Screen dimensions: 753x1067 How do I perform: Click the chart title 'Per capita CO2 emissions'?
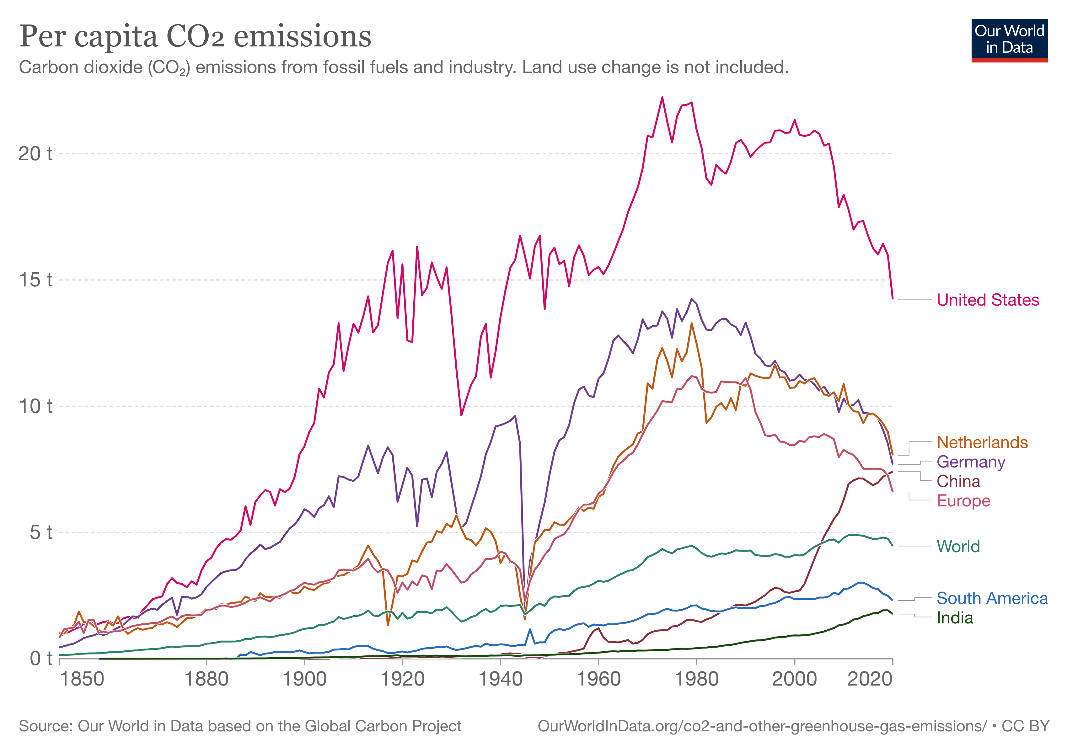point(195,36)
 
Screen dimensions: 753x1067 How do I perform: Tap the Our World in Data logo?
point(1009,40)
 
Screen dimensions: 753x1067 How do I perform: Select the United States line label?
point(988,300)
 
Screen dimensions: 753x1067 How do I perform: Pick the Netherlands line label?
point(982,443)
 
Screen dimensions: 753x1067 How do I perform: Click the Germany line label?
point(971,462)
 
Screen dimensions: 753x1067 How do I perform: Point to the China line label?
point(958,481)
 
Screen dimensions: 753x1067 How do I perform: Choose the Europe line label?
point(963,501)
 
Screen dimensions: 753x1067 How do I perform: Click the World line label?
point(958,546)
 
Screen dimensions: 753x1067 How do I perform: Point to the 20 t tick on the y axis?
point(35,154)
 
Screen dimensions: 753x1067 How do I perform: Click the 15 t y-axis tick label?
point(35,280)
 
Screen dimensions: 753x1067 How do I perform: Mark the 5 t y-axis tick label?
point(41,532)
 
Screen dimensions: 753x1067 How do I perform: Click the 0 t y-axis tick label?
point(41,659)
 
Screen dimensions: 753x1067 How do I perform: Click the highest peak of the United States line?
point(662,98)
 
